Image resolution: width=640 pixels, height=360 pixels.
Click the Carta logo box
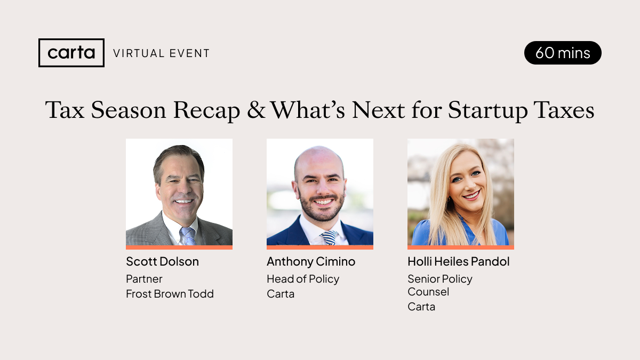click(71, 53)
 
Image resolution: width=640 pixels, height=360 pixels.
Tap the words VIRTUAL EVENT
click(161, 53)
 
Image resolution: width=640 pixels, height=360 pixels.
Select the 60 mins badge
click(563, 53)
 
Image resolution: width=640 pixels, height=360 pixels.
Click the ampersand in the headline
click(255, 110)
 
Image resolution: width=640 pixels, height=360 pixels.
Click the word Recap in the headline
click(211, 110)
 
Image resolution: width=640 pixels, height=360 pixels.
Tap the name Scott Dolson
click(162, 261)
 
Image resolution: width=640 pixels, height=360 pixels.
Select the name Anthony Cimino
click(310, 261)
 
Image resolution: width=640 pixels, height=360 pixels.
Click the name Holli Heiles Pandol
click(458, 261)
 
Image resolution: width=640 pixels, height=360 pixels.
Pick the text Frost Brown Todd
click(170, 294)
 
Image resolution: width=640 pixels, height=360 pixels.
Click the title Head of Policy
click(302, 279)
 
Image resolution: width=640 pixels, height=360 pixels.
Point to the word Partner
click(144, 279)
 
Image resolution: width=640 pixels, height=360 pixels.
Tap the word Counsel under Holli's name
click(428, 292)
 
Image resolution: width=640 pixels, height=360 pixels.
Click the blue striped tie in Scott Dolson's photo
click(187, 235)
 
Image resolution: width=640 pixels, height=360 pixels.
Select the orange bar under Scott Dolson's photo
click(179, 247)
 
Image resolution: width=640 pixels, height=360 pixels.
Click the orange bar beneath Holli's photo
click(460, 247)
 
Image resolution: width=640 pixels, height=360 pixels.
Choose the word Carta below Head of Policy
click(281, 294)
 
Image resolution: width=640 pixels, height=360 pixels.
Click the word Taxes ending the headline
click(566, 110)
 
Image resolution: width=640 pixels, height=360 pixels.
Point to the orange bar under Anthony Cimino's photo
click(319, 247)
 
